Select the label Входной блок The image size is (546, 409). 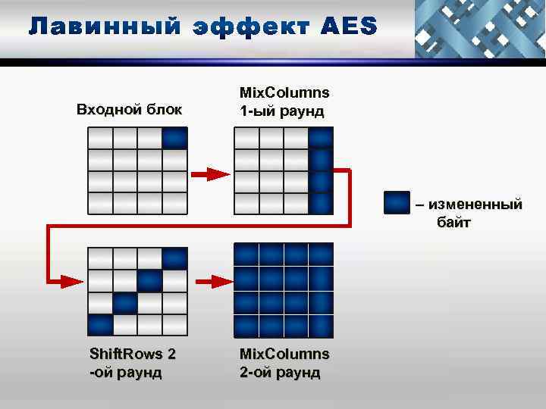tap(130, 110)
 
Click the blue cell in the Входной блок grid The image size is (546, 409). tap(175, 138)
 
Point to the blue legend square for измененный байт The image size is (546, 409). tap(397, 204)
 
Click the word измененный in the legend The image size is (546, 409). tap(475, 204)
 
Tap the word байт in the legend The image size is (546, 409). tap(453, 223)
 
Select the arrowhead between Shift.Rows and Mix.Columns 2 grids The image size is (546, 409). tap(218, 282)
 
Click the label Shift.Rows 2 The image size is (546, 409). tap(133, 354)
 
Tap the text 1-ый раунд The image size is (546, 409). tap(281, 111)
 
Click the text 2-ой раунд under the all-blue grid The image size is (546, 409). tap(280, 372)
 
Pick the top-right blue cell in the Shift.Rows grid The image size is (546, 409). tap(175, 259)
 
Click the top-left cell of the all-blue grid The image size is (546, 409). tap(246, 254)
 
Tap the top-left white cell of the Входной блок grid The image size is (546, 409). tap(101, 138)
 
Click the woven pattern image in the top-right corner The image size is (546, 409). tap(480, 29)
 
